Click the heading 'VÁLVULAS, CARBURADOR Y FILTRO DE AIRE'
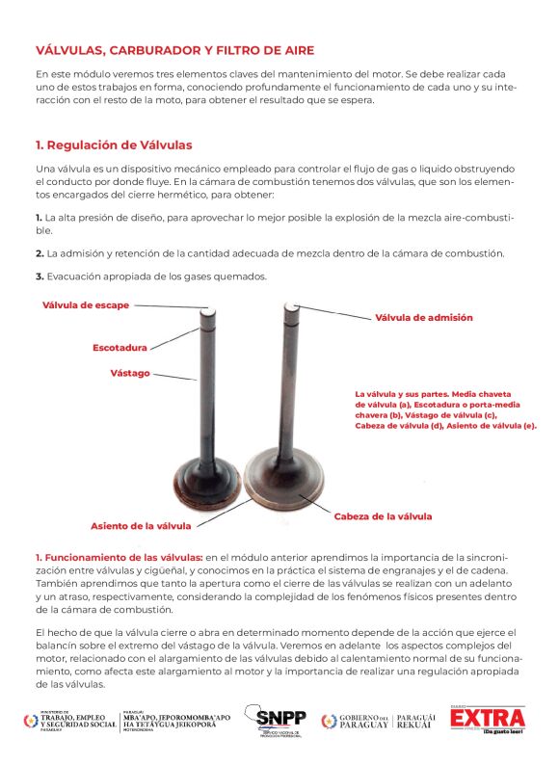174,50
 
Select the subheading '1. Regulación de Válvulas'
114,145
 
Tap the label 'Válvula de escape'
86,304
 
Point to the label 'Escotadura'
120,348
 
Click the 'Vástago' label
130,373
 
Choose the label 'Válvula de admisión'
424,318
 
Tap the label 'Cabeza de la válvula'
383,516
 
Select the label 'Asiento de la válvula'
141,526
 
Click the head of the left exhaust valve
208,480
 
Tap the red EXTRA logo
488,720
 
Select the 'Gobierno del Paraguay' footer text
363,721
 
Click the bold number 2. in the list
40,253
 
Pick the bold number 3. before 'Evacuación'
40,277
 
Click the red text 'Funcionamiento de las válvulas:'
123,557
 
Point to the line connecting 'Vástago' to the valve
174,377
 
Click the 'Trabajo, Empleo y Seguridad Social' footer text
79,721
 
